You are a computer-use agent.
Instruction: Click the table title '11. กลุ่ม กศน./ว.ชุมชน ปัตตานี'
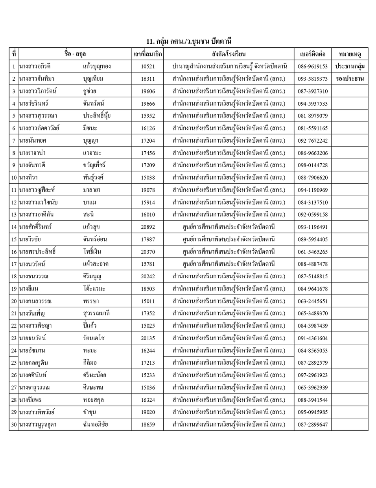(188, 41)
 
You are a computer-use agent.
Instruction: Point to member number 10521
(147, 67)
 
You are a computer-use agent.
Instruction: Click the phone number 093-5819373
(312, 79)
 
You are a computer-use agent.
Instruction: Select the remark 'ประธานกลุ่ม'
(349, 66)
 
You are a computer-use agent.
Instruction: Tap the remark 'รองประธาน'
(349, 79)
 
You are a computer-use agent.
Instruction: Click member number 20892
(147, 227)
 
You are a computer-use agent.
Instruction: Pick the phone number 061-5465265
(312, 252)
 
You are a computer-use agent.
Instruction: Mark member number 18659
(147, 425)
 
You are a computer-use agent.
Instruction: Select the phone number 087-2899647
(312, 425)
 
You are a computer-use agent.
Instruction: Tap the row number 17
(14, 264)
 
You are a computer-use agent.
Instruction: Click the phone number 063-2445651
(312, 301)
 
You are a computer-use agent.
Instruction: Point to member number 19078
(147, 190)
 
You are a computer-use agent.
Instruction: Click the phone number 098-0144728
(312, 165)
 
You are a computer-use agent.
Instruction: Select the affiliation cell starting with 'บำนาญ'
(230, 67)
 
